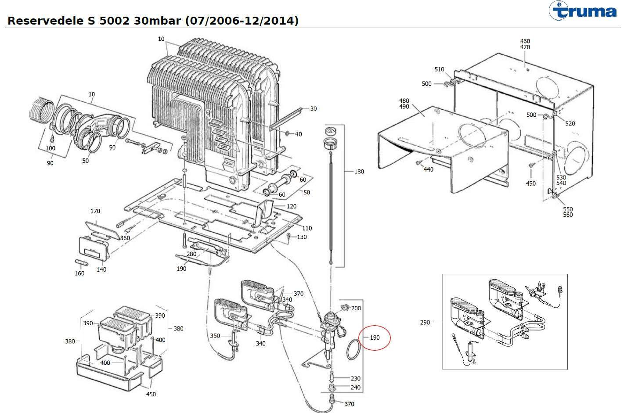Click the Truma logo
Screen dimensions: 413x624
coord(584,11)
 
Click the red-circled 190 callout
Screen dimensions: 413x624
coord(374,338)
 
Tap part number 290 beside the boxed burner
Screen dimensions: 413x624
coord(425,323)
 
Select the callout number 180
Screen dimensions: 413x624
coord(359,172)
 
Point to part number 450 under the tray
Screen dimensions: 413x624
coord(151,394)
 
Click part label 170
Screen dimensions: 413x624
coord(95,211)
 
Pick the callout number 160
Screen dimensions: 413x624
coord(79,273)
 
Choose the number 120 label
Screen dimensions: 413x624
coord(291,206)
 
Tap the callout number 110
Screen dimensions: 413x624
coord(307,228)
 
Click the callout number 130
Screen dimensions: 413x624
coord(302,237)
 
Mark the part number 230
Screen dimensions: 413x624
coord(355,378)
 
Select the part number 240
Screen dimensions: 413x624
coord(355,388)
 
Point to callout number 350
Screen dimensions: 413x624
coord(215,336)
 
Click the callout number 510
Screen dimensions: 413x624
coord(439,69)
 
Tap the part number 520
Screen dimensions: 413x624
coord(570,123)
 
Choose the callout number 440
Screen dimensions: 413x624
coord(428,169)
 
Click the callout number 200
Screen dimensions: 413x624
coord(356,308)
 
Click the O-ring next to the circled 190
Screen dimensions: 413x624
coord(353,350)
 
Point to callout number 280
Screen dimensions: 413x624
coord(191,254)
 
